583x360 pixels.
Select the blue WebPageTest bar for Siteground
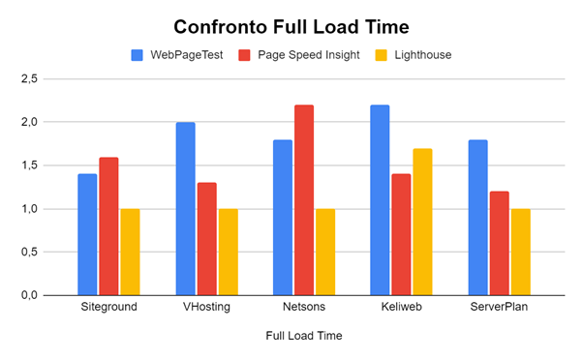coord(88,234)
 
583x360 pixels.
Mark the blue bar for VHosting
coord(185,208)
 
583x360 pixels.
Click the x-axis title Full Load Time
coord(302,336)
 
